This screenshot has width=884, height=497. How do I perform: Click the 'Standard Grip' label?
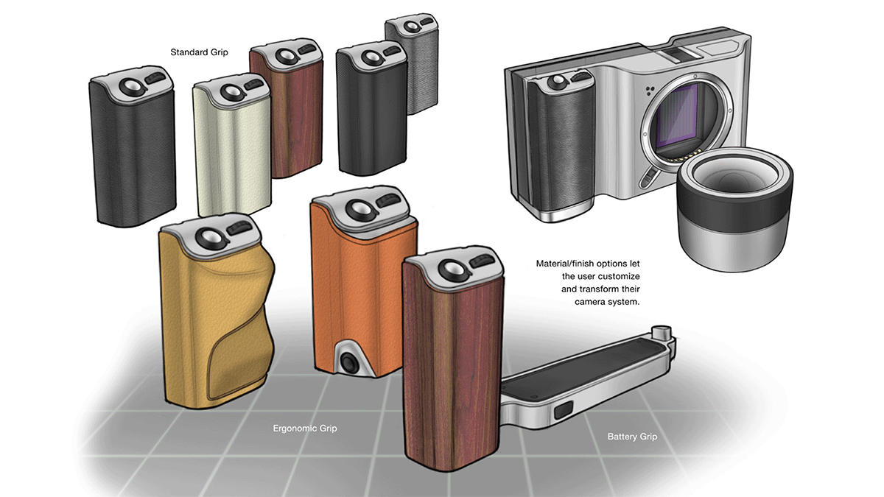[199, 52]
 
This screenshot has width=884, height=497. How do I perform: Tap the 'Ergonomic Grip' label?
[305, 429]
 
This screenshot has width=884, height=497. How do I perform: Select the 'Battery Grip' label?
[632, 437]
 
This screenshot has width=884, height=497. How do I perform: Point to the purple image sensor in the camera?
[678, 115]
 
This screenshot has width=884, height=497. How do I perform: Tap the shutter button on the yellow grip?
[210, 237]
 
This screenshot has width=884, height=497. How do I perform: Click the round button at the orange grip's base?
[348, 362]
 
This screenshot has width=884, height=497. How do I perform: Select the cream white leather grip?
[232, 144]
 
